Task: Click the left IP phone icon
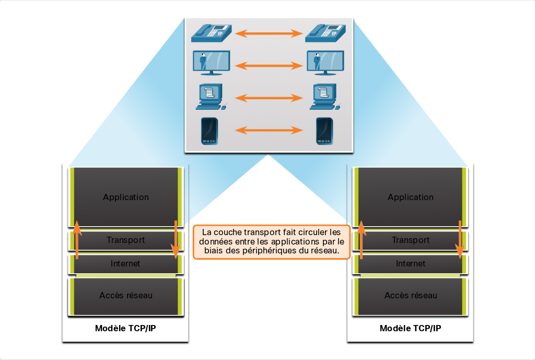click(x=211, y=33)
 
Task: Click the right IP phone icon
click(x=325, y=33)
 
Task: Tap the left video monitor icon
click(x=211, y=63)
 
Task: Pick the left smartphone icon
click(x=210, y=131)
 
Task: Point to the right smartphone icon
click(x=324, y=131)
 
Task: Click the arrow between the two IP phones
click(x=269, y=33)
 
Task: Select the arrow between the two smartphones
click(x=269, y=130)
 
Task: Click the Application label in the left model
click(x=126, y=197)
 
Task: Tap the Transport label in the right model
click(x=411, y=240)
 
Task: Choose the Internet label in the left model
click(x=125, y=263)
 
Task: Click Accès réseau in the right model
click(x=411, y=295)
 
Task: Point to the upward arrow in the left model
click(x=77, y=240)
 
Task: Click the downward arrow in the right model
click(x=460, y=240)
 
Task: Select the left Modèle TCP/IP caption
click(x=125, y=328)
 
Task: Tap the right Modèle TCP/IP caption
click(x=411, y=328)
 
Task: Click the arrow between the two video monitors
click(x=269, y=65)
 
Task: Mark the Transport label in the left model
click(x=125, y=240)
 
